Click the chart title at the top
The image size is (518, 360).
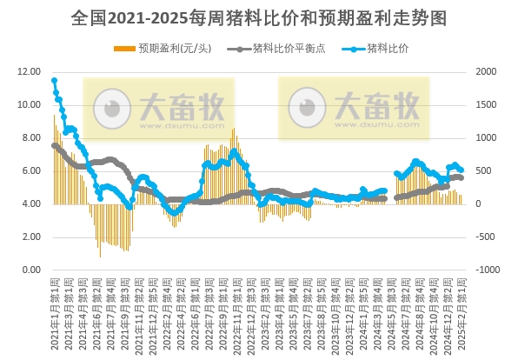click(258, 18)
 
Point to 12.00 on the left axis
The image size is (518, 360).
click(29, 72)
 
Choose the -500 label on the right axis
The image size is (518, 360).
click(487, 237)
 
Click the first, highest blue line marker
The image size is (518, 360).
click(54, 81)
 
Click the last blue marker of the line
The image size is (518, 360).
click(461, 170)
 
